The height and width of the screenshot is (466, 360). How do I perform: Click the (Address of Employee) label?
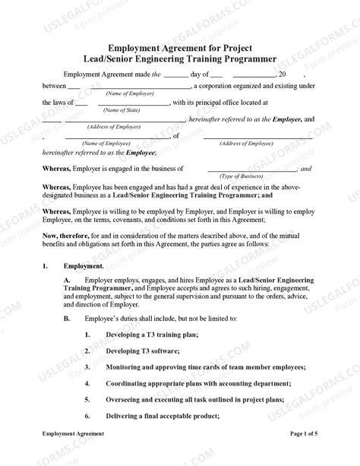click(260, 143)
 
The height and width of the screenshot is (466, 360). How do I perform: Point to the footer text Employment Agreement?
click(73, 453)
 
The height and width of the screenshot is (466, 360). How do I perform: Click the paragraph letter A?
click(67, 281)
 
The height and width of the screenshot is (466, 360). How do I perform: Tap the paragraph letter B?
click(67, 318)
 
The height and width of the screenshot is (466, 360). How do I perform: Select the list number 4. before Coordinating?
click(88, 383)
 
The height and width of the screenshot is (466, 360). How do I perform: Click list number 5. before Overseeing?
click(88, 400)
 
